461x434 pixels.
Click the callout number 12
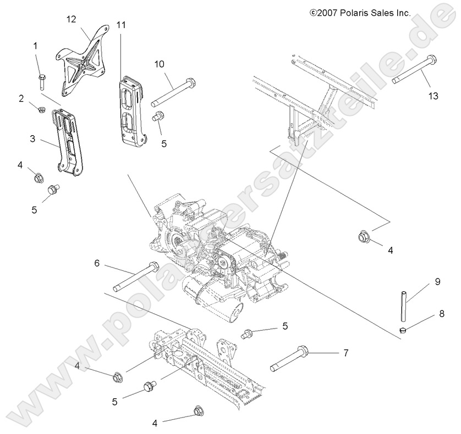[x=71, y=19]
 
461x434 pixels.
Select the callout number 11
[x=121, y=25]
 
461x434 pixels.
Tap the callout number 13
[x=433, y=96]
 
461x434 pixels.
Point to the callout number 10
[x=158, y=64]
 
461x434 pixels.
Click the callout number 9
[x=437, y=282]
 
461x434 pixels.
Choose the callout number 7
[x=345, y=353]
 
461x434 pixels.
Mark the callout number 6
[x=97, y=264]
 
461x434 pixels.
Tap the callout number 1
[x=36, y=46]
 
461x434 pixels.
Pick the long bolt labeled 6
[x=136, y=277]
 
